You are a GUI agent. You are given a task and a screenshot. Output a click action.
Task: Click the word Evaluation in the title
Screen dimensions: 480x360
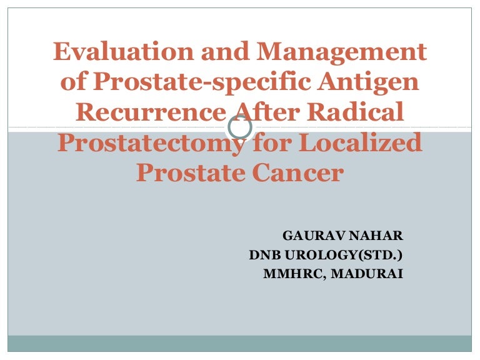(x=123, y=51)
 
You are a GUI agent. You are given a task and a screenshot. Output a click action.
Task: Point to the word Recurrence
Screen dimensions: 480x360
(x=151, y=112)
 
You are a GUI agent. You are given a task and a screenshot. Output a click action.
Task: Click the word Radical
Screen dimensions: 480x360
(x=356, y=111)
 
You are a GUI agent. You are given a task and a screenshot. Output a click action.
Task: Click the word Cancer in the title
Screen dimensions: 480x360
(x=297, y=172)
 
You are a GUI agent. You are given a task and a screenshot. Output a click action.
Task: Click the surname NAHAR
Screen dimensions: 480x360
(x=376, y=236)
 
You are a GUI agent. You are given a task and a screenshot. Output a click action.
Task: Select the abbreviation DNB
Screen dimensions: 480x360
(x=265, y=255)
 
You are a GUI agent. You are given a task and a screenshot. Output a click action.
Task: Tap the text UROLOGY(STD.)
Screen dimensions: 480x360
(x=344, y=255)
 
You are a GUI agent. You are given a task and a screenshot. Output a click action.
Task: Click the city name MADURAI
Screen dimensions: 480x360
(x=367, y=274)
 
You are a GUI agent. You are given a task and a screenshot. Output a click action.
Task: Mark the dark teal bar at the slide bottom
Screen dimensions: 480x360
(x=240, y=344)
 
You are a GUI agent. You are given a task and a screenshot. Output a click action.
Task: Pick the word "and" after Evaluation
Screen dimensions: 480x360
(x=225, y=51)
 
